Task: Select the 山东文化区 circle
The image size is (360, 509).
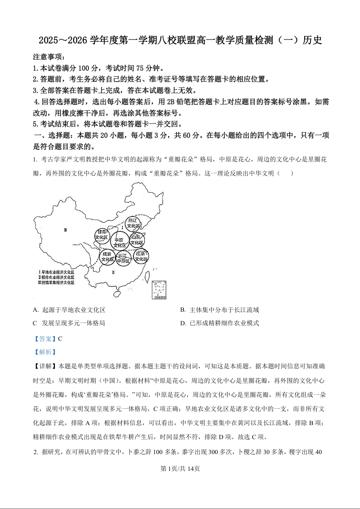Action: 137,240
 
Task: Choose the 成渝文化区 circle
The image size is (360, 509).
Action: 107,257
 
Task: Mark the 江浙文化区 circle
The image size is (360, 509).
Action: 141,256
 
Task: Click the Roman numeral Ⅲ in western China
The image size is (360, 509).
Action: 65,230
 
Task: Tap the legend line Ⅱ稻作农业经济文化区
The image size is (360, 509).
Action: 57,277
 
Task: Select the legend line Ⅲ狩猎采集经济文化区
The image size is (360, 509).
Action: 57,283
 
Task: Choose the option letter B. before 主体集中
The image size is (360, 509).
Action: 183,310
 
